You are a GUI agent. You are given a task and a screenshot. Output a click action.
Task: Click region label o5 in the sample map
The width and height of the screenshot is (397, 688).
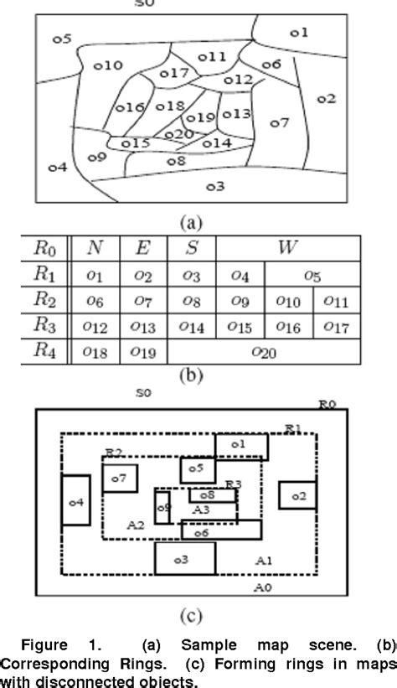click(62, 39)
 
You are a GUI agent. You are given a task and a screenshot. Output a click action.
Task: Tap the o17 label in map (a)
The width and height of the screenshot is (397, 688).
click(174, 74)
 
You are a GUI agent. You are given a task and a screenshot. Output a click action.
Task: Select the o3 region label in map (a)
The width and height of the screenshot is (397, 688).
click(214, 185)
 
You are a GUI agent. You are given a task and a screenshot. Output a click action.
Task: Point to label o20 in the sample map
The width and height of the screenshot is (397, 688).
click(179, 134)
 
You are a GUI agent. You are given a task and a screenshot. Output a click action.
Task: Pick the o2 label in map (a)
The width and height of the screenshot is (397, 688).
click(326, 98)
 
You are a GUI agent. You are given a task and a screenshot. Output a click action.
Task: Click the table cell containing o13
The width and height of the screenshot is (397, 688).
click(143, 327)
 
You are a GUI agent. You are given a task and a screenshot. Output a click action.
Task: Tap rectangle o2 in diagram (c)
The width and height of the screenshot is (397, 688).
click(297, 496)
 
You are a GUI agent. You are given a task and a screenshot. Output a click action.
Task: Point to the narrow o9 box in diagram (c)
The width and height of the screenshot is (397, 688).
click(162, 508)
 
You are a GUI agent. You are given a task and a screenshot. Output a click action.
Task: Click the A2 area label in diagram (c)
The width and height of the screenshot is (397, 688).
click(136, 524)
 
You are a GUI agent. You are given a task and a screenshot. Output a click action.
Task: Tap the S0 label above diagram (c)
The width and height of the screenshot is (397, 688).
click(144, 392)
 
